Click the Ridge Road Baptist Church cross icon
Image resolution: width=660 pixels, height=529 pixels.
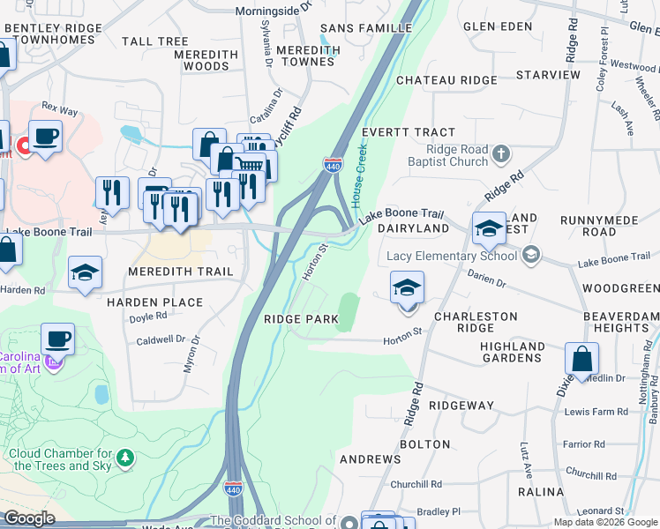coord(501,155)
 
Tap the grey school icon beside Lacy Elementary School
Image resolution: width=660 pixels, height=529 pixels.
coord(530,256)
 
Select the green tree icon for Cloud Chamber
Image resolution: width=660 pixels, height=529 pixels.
coord(126,458)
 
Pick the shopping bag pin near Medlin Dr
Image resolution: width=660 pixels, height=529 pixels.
coord(582,359)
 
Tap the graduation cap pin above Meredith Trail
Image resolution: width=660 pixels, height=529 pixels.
coord(86,272)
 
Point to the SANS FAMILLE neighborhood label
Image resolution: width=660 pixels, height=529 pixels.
coord(366,28)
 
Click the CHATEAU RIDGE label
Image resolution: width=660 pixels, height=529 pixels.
coord(446,80)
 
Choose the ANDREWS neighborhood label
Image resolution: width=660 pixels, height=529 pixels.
coord(371,459)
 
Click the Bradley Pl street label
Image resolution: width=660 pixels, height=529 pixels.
coord(439,511)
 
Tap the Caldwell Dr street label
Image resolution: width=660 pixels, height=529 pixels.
coord(161,339)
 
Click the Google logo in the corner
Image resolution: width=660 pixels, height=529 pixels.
coord(29,518)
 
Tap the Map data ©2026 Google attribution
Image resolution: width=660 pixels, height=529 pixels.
coord(605,522)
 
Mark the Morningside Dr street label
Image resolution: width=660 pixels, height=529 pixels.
coord(274,11)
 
